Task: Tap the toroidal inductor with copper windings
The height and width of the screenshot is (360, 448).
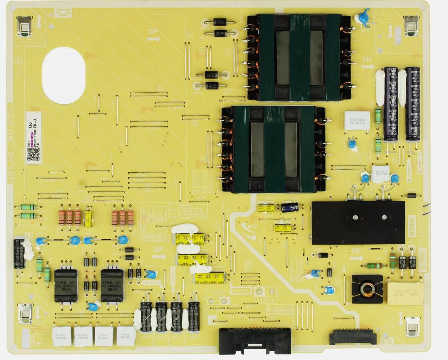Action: coord(367,289)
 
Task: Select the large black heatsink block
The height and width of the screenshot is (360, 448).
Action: coord(358,222)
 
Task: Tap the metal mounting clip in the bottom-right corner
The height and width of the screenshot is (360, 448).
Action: coord(412,327)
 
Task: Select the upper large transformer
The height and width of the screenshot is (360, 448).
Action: coord(299,57)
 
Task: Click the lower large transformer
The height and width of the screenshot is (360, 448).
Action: coord(274,149)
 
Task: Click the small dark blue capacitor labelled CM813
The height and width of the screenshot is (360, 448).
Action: coord(290,207)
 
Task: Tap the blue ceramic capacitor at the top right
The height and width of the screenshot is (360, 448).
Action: coord(362,18)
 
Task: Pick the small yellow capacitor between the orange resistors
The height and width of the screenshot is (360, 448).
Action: coord(89,218)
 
